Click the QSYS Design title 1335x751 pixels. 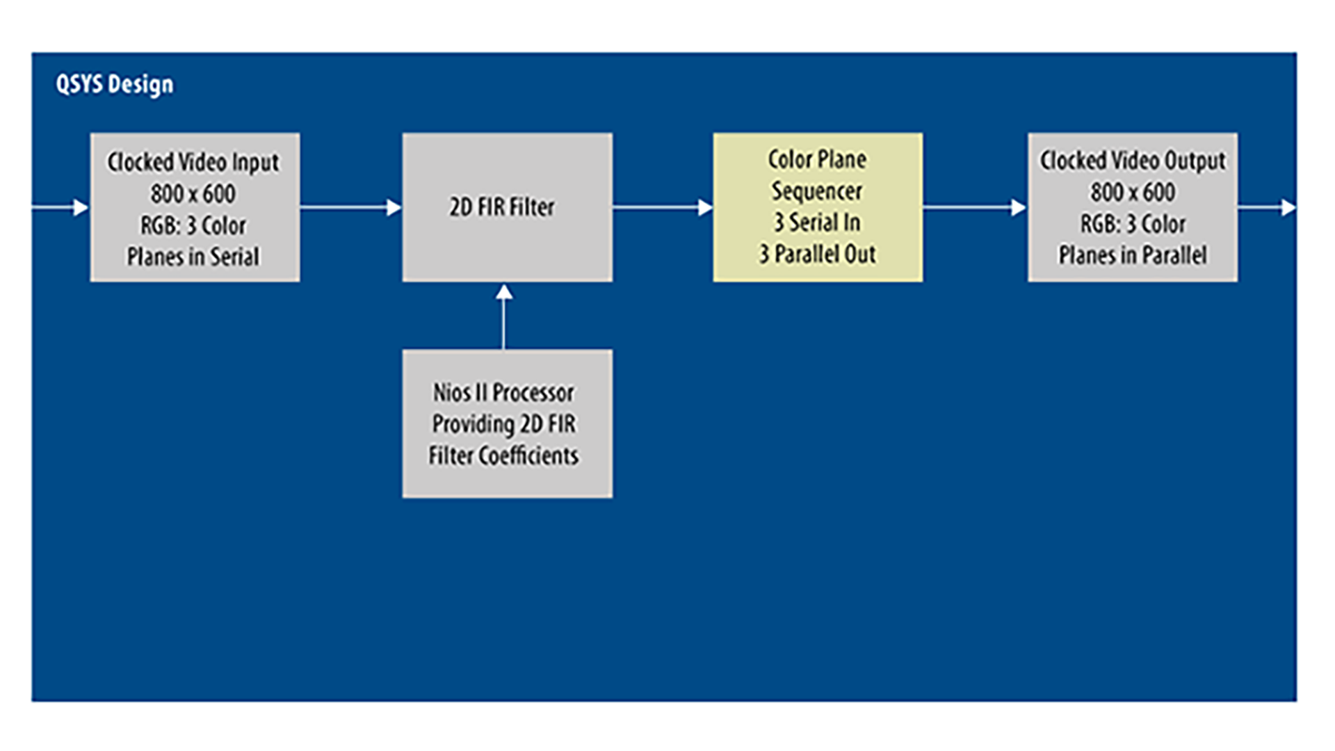pyautogui.click(x=115, y=84)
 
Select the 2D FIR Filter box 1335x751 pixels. pyautogui.click(x=507, y=207)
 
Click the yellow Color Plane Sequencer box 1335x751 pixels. pyautogui.click(x=818, y=207)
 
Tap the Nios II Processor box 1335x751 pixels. pyautogui.click(x=507, y=423)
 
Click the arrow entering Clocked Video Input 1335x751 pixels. pyautogui.click(x=61, y=207)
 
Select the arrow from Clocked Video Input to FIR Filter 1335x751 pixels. pyautogui.click(x=350, y=207)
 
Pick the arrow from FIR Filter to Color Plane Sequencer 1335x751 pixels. pyautogui.click(x=662, y=207)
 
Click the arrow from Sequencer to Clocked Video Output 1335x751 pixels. pyautogui.click(x=974, y=207)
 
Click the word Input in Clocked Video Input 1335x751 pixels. pyautogui.click(x=255, y=163)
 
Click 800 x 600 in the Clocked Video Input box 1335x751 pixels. pyautogui.click(x=193, y=194)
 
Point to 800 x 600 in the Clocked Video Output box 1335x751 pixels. pyautogui.click(x=1133, y=193)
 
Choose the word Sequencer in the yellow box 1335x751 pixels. pyautogui.click(x=817, y=191)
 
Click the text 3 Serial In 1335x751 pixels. pyautogui.click(x=817, y=223)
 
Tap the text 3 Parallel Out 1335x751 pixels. pyautogui.click(x=817, y=255)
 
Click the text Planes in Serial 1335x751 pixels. pyautogui.click(x=193, y=257)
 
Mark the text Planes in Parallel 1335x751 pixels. pyautogui.click(x=1133, y=256)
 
